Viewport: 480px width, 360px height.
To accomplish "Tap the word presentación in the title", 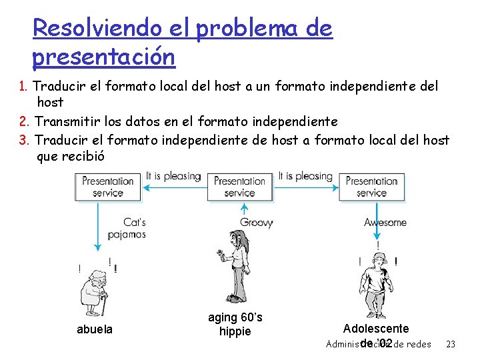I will click(103, 57).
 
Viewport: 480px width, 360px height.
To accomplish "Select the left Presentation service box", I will click(107, 186).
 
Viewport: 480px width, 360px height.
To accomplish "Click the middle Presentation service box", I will click(240, 186).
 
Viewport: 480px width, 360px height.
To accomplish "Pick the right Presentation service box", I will click(372, 186).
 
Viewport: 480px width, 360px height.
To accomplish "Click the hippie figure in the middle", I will click(236, 266).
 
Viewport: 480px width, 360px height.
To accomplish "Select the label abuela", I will click(95, 329).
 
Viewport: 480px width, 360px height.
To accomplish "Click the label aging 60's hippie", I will click(235, 325).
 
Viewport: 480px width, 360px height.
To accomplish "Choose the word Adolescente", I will click(376, 328).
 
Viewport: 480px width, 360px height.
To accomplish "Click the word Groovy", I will click(256, 223).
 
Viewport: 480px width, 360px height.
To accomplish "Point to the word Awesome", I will click(385, 222).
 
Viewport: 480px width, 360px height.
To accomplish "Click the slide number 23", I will click(451, 344).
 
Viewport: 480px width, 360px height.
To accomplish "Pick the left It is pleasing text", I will click(173, 176).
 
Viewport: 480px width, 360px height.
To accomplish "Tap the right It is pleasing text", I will click(305, 176).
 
